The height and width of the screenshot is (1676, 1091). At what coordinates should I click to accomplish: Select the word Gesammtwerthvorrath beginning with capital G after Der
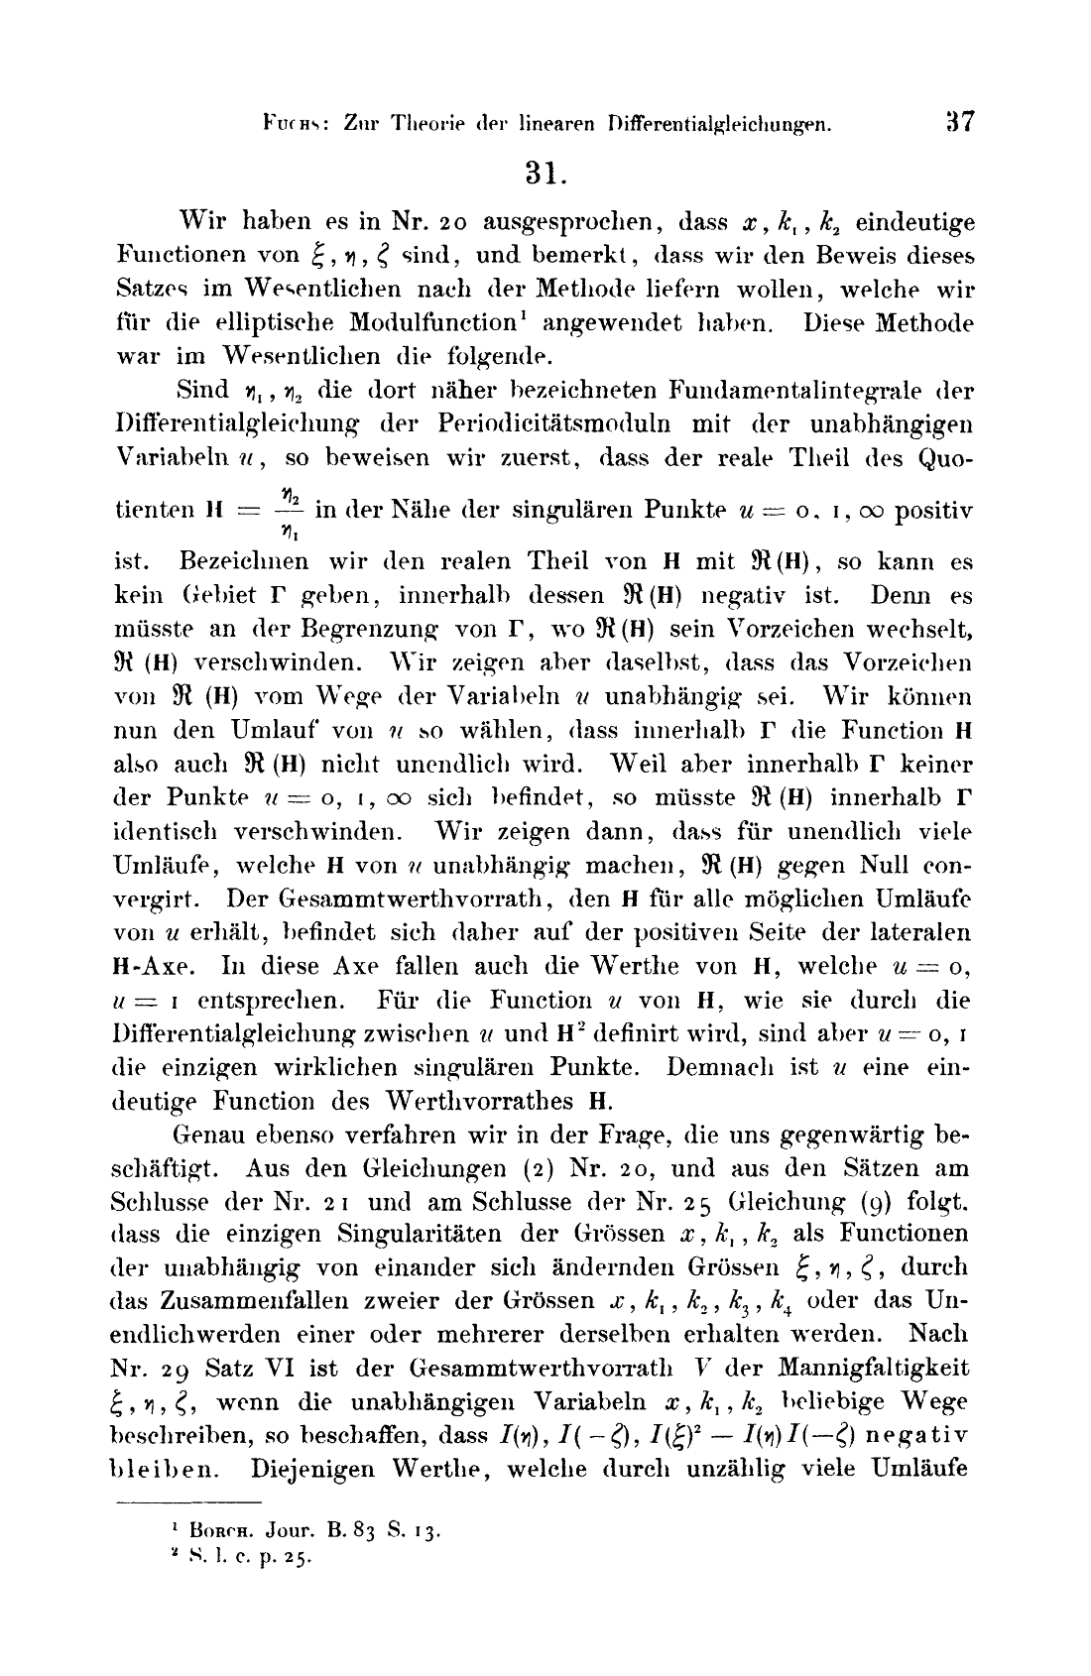pyautogui.click(x=384, y=898)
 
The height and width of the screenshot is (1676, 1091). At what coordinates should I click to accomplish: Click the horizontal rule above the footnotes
pyautogui.click(x=187, y=1504)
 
